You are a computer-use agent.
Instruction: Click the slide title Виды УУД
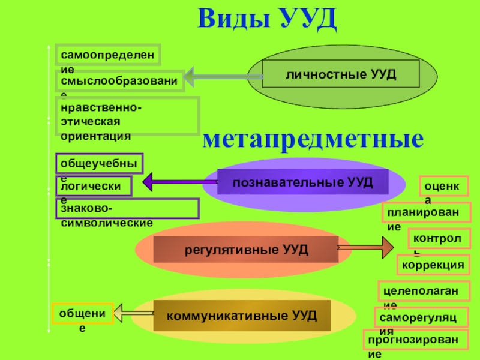[268, 20]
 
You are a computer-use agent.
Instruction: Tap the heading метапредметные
[313, 139]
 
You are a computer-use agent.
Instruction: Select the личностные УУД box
[341, 74]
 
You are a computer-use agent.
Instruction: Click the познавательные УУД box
[302, 181]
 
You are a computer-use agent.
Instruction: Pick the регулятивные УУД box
[246, 249]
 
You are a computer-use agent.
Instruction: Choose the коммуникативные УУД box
[241, 316]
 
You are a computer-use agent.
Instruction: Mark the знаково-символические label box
[127, 208]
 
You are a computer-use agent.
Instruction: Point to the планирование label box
[427, 212]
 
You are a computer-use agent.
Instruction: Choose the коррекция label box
[433, 264]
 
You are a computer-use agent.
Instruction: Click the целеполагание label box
[422, 291]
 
